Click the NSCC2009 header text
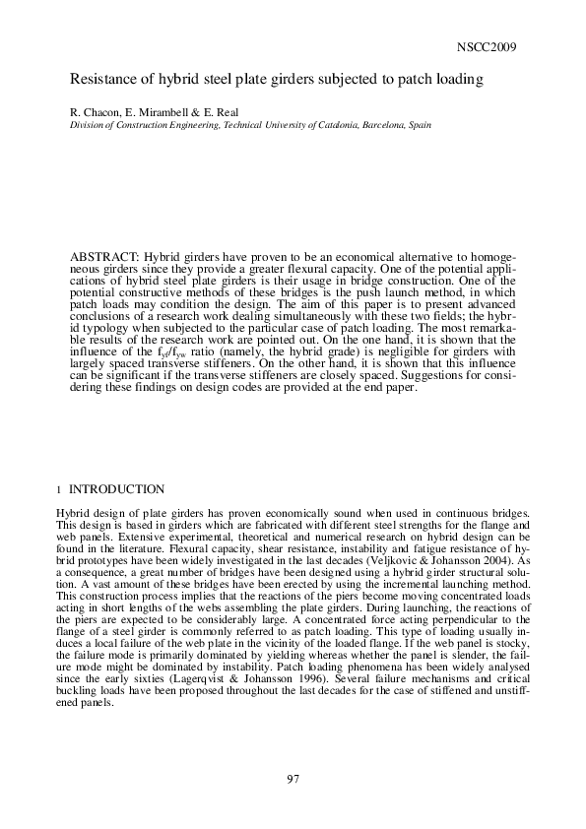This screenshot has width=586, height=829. [488, 47]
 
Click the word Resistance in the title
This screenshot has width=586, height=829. [103, 80]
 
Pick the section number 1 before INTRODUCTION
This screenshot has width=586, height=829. [59, 489]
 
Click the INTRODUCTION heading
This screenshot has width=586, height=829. [116, 489]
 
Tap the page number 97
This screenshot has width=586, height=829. [293, 779]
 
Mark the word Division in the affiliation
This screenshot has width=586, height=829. [86, 126]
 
